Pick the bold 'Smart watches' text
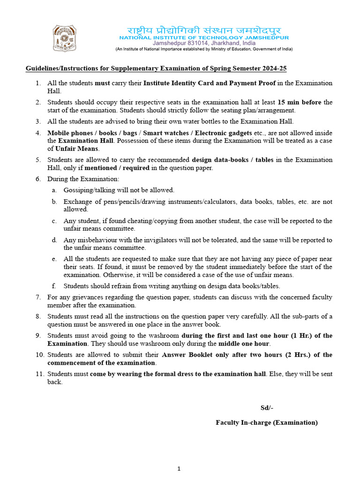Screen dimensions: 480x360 [x=166, y=133]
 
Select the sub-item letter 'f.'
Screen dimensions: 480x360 [x=54, y=286]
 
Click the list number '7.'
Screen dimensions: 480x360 [x=38, y=297]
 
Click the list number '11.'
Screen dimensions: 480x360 [x=39, y=374]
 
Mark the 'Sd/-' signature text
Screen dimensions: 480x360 [x=267, y=408]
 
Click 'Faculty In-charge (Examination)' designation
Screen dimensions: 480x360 [x=266, y=422]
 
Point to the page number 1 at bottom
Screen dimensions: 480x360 [x=180, y=468]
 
